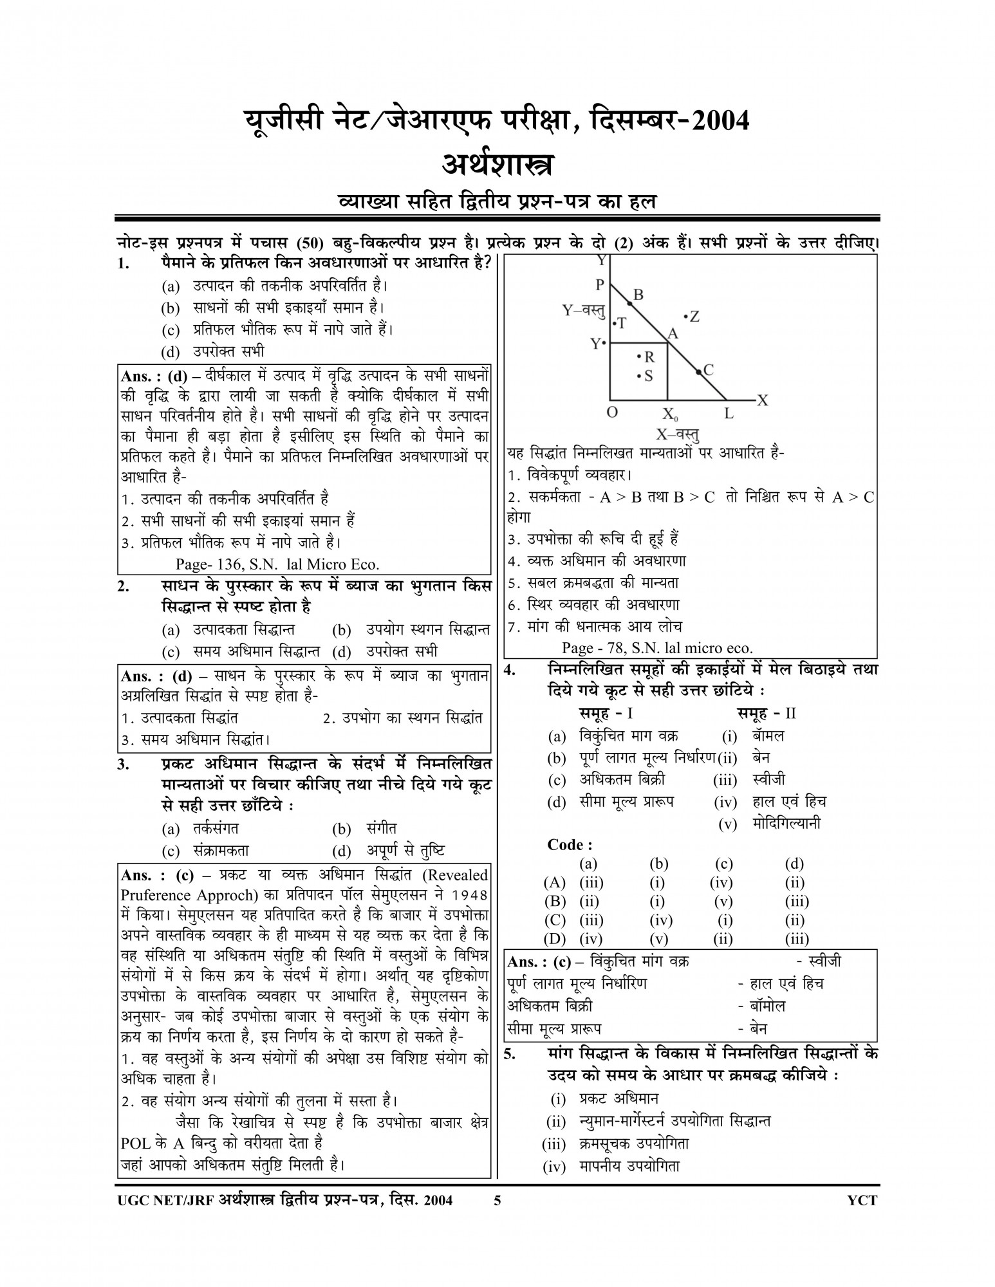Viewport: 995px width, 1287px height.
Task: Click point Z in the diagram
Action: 694,316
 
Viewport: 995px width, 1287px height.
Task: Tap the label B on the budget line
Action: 638,295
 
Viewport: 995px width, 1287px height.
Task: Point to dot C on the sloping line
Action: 708,369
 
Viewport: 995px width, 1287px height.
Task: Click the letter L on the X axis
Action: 729,413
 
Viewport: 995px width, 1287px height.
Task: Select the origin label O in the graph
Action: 613,412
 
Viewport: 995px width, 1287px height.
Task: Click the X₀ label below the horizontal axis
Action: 670,414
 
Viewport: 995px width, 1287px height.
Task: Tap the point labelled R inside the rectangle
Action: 648,356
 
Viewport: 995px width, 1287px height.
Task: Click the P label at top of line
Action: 600,284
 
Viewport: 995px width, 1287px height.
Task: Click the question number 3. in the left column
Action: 124,764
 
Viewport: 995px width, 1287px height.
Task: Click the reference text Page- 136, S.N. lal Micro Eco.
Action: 277,564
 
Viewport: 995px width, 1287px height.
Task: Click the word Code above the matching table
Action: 569,844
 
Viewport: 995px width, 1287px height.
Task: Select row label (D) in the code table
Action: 554,939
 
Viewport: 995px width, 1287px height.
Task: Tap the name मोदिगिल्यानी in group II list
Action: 785,823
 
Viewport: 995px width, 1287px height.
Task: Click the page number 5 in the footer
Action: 497,1199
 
